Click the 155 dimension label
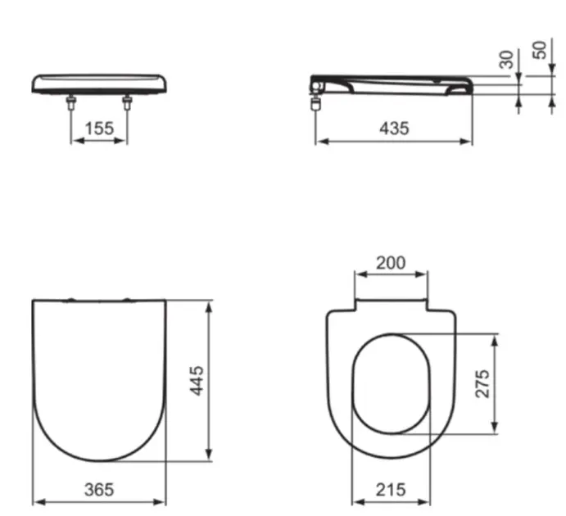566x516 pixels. [x=99, y=129]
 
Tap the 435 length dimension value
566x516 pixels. [x=394, y=129]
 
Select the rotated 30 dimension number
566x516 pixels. [x=506, y=60]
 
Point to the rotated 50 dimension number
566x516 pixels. [x=540, y=50]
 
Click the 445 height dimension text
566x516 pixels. [x=197, y=381]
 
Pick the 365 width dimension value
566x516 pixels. [x=99, y=490]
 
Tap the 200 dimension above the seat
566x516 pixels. [x=391, y=263]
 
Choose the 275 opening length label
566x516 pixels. [x=482, y=383]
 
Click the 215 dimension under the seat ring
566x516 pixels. [x=391, y=490]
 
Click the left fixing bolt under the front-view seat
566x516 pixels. [x=71, y=102]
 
